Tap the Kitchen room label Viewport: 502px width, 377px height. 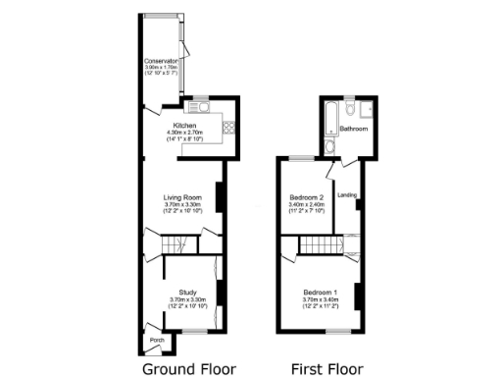[185, 127]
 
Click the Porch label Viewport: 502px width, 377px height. [156, 341]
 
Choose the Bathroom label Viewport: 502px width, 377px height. [354, 129]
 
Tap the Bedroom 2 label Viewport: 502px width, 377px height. [307, 198]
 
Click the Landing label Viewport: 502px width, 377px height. [347, 195]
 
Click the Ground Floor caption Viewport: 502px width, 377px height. [189, 369]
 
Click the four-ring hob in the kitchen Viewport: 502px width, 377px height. [229, 125]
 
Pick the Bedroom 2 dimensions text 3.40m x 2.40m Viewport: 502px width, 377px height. [307, 205]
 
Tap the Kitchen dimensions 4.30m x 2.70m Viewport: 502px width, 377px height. [185, 134]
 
